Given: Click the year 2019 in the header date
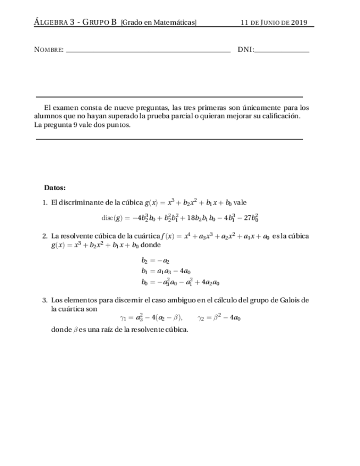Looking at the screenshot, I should tap(298, 23).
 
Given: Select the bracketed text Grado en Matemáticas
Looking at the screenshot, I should tap(158, 23).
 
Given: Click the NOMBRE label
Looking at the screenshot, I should tap(48, 50).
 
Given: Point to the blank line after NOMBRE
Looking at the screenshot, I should tap(147, 51).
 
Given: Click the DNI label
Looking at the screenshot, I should tap(245, 50).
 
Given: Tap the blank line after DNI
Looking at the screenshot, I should tap(282, 51).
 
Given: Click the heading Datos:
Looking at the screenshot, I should tap(55, 188).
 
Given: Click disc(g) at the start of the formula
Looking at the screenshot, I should tap(115, 218).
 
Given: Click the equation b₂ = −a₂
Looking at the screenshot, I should tap(155, 260).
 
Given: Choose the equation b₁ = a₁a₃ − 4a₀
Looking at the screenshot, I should tap(166, 271).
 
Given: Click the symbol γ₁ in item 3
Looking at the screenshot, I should tap(123, 318).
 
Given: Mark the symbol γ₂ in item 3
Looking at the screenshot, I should tap(201, 318).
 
